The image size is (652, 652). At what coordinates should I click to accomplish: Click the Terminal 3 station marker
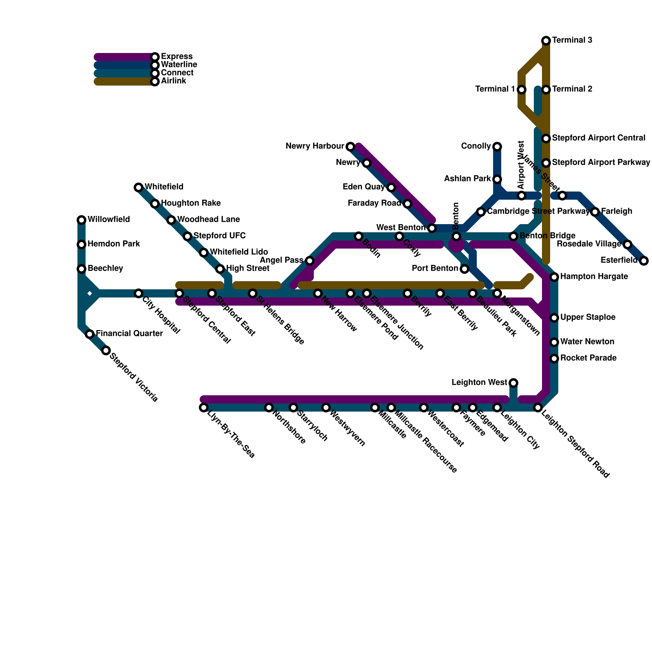pos(546,40)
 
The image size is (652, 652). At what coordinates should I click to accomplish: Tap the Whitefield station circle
pos(139,187)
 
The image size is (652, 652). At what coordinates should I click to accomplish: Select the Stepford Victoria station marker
pos(106,350)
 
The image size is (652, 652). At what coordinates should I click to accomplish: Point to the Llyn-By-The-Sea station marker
pos(204,407)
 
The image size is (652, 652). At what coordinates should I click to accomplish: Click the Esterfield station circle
pos(644,261)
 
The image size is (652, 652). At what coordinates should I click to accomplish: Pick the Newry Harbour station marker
pos(350,146)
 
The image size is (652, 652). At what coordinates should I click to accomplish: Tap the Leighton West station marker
pos(513,383)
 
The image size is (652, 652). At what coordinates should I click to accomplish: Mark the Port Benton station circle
pos(465,269)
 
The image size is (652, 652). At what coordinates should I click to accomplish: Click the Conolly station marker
pos(497,146)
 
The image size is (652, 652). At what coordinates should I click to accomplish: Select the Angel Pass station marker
pos(310,261)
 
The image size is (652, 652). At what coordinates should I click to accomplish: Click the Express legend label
pos(176,56)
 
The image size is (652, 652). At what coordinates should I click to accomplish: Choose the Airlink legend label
pos(173,81)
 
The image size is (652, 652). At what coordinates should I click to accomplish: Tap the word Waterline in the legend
pos(179,64)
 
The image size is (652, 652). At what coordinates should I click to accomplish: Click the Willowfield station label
pos(108,220)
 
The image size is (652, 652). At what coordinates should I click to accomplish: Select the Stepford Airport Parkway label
pos(601,163)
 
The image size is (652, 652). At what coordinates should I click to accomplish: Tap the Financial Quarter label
pos(129,334)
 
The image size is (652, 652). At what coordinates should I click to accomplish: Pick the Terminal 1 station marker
pos(522,89)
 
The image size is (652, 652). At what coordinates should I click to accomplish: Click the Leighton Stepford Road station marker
pos(538,407)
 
